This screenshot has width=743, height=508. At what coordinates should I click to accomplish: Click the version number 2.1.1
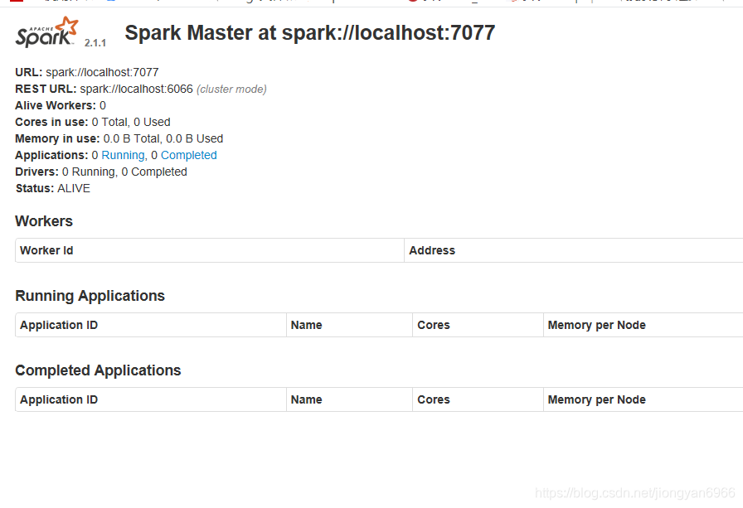click(95, 42)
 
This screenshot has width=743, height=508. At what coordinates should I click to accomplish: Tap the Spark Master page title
click(309, 33)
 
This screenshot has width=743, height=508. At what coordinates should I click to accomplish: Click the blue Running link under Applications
click(123, 155)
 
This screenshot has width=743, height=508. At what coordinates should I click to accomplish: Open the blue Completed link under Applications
click(189, 155)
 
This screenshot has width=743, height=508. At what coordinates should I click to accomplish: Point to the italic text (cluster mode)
click(231, 89)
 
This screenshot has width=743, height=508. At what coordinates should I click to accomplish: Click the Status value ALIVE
click(74, 188)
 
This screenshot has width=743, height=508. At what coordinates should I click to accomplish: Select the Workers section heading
click(44, 221)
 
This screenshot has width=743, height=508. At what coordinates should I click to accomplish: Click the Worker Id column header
click(46, 250)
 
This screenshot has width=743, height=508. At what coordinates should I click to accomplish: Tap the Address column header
click(432, 250)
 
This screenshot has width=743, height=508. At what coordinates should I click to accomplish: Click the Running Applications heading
click(90, 296)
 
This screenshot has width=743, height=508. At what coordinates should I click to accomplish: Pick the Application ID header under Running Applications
click(59, 325)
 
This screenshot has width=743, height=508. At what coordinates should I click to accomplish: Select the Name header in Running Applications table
click(306, 325)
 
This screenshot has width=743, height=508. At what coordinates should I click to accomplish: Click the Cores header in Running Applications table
click(433, 325)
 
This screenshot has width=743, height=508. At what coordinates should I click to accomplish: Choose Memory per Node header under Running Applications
click(596, 325)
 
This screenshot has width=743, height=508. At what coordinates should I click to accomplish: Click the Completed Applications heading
click(98, 370)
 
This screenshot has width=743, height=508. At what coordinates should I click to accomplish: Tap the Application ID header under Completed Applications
click(59, 399)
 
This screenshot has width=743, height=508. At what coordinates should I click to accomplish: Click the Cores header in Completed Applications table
click(433, 399)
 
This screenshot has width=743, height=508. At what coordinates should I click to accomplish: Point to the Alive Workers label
click(55, 105)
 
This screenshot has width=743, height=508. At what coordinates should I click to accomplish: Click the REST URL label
click(46, 89)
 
